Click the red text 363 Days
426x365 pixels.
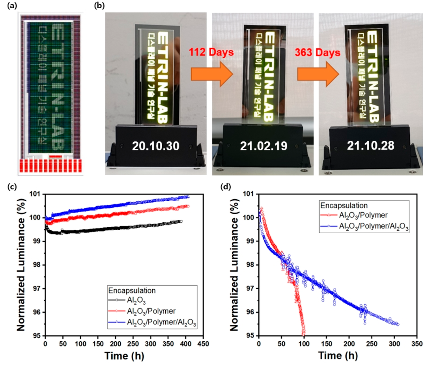[317, 52]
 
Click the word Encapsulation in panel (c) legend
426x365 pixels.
[132, 290]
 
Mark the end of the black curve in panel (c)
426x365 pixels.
[181, 221]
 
